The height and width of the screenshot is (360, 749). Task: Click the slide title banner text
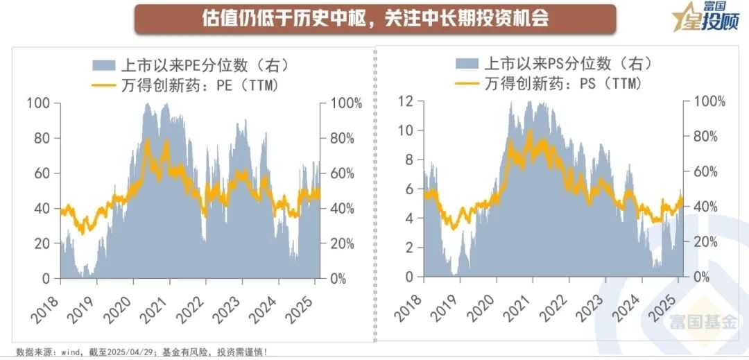(374, 19)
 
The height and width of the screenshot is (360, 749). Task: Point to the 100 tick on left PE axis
(38, 103)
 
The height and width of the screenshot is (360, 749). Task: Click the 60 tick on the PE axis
(42, 173)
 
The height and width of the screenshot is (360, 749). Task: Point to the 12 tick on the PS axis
(406, 101)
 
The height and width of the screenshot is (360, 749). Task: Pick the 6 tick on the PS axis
(409, 189)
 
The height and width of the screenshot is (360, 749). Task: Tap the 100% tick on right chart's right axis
(708, 101)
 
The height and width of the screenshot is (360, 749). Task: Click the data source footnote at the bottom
(141, 352)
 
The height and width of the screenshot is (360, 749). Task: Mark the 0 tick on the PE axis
(46, 278)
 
